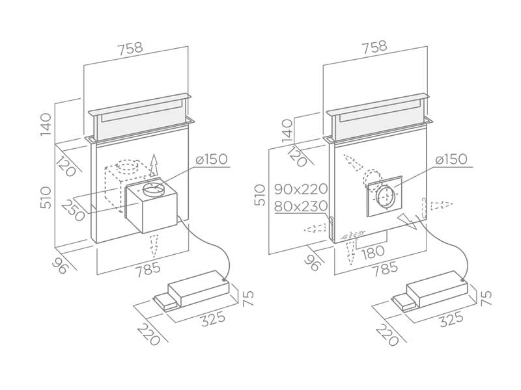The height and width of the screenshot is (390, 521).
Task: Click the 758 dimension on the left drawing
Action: [130, 47]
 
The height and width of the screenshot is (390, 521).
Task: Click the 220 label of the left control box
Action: [147, 335]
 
